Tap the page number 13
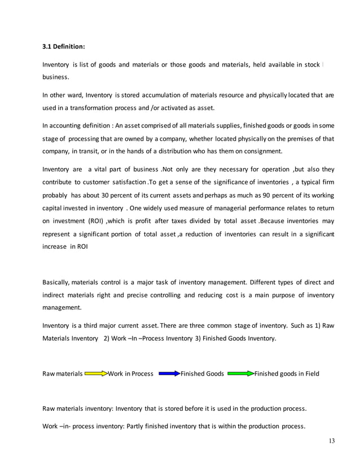tap(330, 442)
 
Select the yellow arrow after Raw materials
tap(95, 373)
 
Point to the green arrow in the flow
tap(240, 373)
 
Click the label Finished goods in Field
tap(287, 373)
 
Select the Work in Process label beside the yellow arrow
tap(130, 373)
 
